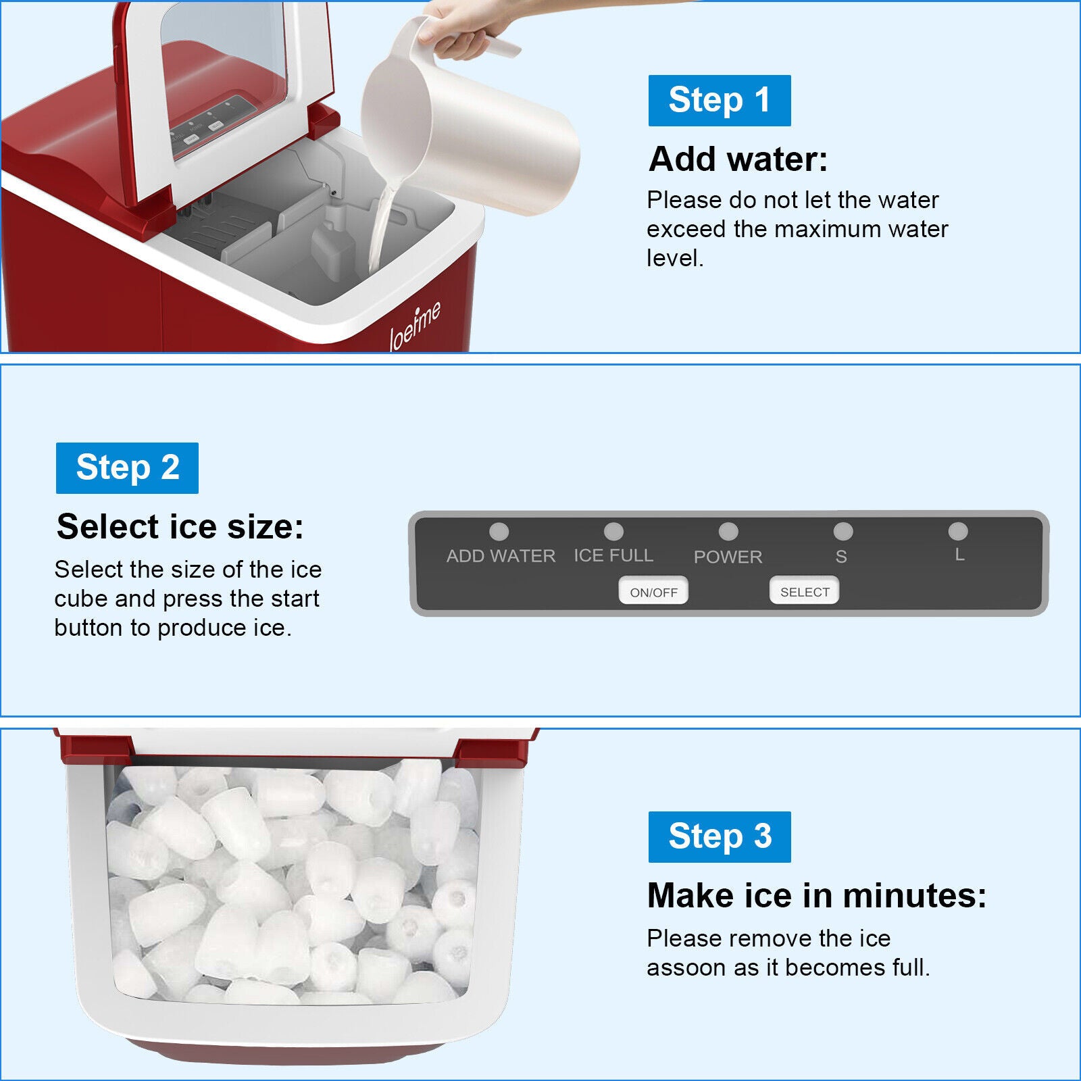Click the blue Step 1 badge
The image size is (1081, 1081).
pyautogui.click(x=720, y=101)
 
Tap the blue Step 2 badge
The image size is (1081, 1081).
pyautogui.click(x=127, y=468)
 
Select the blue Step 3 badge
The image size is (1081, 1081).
pyautogui.click(x=720, y=837)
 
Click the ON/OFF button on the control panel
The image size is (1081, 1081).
pyautogui.click(x=653, y=592)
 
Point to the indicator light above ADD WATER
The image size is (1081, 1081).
pyautogui.click(x=499, y=532)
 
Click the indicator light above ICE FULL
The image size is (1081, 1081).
pyautogui.click(x=613, y=532)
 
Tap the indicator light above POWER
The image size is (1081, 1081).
pyautogui.click(x=728, y=532)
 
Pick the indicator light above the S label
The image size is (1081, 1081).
pyautogui.click(x=843, y=532)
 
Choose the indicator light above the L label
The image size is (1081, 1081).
pyautogui.click(x=958, y=532)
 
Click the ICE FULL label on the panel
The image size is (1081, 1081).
pyautogui.click(x=613, y=555)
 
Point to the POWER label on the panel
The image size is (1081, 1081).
pyautogui.click(x=728, y=557)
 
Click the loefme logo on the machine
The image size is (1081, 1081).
pyautogui.click(x=416, y=326)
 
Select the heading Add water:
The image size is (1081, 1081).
pyautogui.click(x=738, y=159)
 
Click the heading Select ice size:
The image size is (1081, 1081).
pyautogui.click(x=180, y=526)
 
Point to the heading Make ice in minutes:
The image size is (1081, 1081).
pyautogui.click(x=817, y=895)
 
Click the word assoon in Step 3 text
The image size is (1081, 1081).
pyautogui.click(x=684, y=967)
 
